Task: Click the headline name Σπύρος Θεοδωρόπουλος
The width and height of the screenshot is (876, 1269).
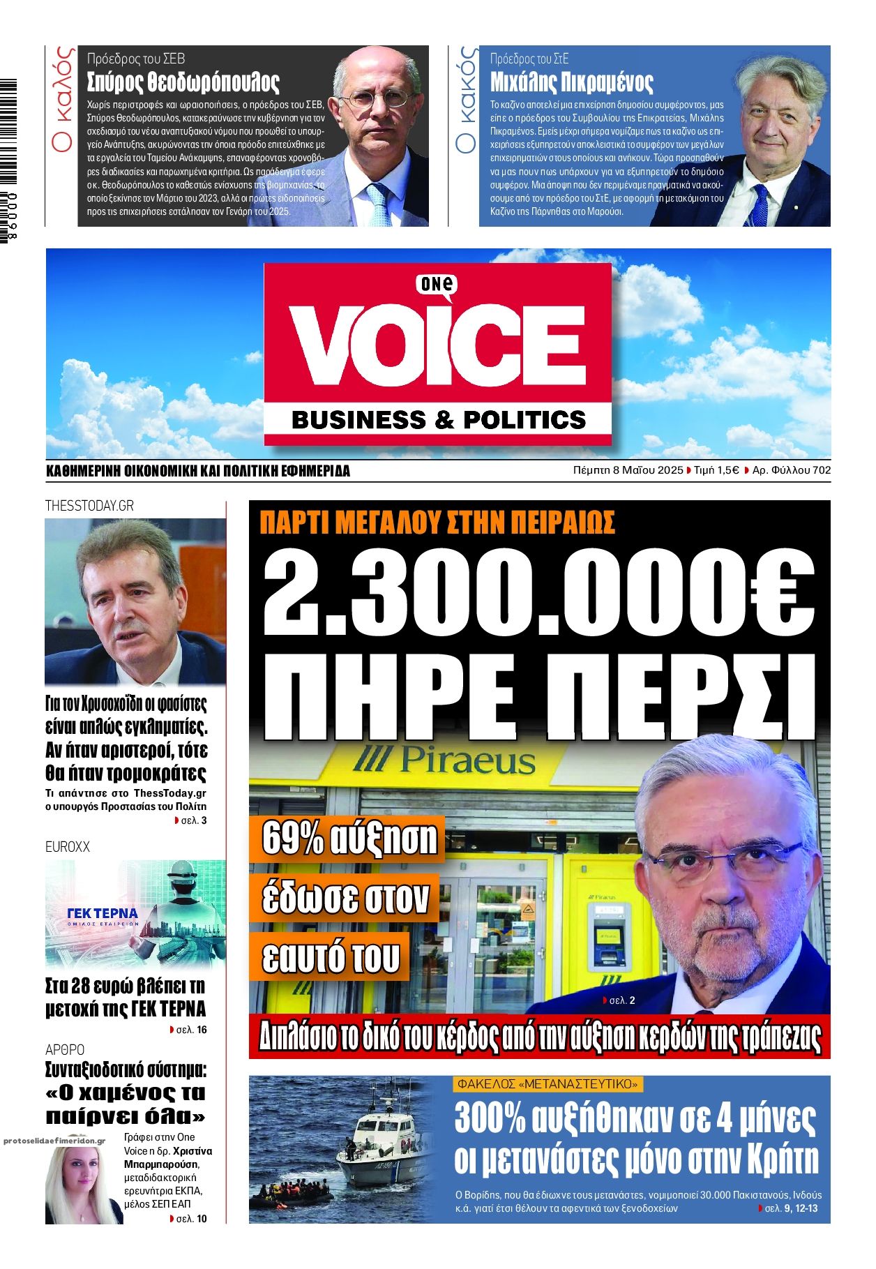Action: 183,82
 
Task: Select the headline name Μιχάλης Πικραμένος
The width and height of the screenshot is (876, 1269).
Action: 571,82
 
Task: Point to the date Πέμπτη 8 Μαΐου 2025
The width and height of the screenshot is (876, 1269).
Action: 628,470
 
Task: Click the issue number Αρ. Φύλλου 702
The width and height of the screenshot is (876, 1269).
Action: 791,470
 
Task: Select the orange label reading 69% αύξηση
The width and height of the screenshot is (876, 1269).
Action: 349,838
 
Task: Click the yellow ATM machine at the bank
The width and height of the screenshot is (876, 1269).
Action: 604,935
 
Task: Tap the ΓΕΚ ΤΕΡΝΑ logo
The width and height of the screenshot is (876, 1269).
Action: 102,914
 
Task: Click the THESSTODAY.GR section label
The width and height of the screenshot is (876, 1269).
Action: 89,506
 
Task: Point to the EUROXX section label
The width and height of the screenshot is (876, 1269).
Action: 68,847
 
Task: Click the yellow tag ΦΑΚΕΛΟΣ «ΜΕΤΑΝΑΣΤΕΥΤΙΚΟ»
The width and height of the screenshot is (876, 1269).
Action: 547,1084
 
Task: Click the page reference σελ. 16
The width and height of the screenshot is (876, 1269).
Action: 191,1030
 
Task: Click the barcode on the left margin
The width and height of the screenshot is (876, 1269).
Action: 8,160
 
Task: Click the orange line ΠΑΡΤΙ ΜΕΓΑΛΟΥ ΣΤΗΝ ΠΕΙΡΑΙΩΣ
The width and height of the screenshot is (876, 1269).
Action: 437,523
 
